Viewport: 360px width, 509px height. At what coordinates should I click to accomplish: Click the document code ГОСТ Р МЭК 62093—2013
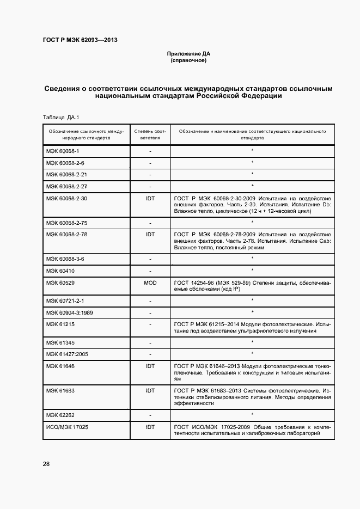point(80,40)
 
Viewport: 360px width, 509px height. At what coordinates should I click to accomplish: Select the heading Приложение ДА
point(188,54)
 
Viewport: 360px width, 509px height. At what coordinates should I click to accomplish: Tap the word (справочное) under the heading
point(188,60)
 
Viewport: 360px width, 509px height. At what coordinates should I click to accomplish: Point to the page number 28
point(46,463)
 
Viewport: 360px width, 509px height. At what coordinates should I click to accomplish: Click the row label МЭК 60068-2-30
point(66,199)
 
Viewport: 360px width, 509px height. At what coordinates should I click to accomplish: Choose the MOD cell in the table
point(150,283)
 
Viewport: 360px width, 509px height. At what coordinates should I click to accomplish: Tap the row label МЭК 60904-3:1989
point(70,312)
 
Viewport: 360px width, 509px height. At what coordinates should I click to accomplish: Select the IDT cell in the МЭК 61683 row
point(150,391)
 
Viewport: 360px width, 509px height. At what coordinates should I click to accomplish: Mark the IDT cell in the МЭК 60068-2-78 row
point(150,234)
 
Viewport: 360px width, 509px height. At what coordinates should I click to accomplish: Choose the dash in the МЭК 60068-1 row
point(150,151)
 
